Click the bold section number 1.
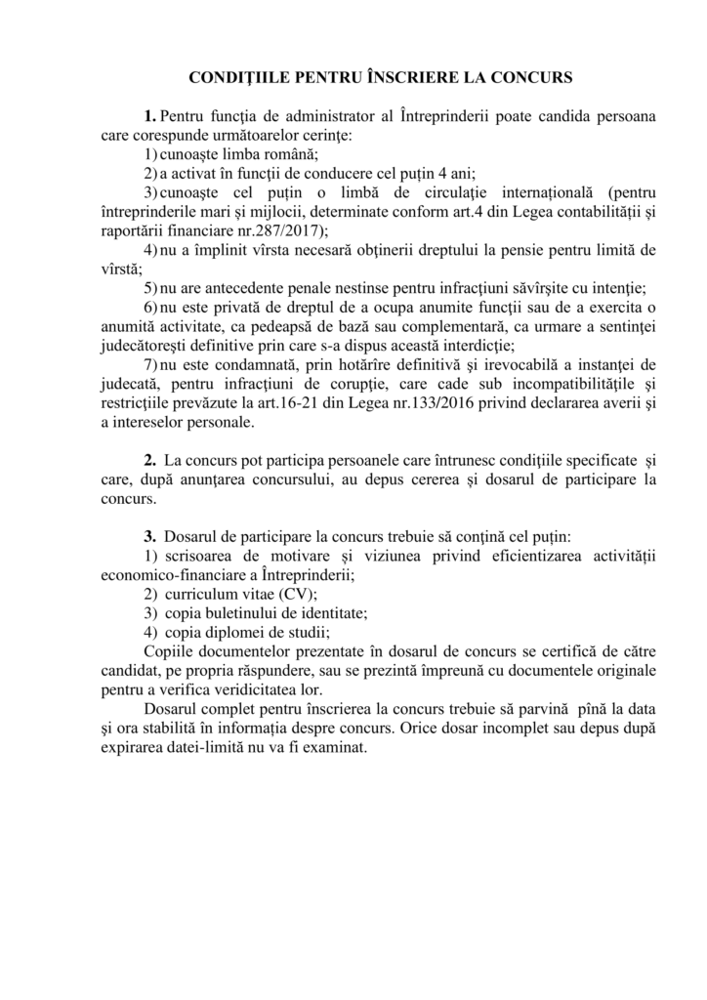[150, 116]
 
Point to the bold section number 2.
[150, 459]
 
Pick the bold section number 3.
[150, 536]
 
